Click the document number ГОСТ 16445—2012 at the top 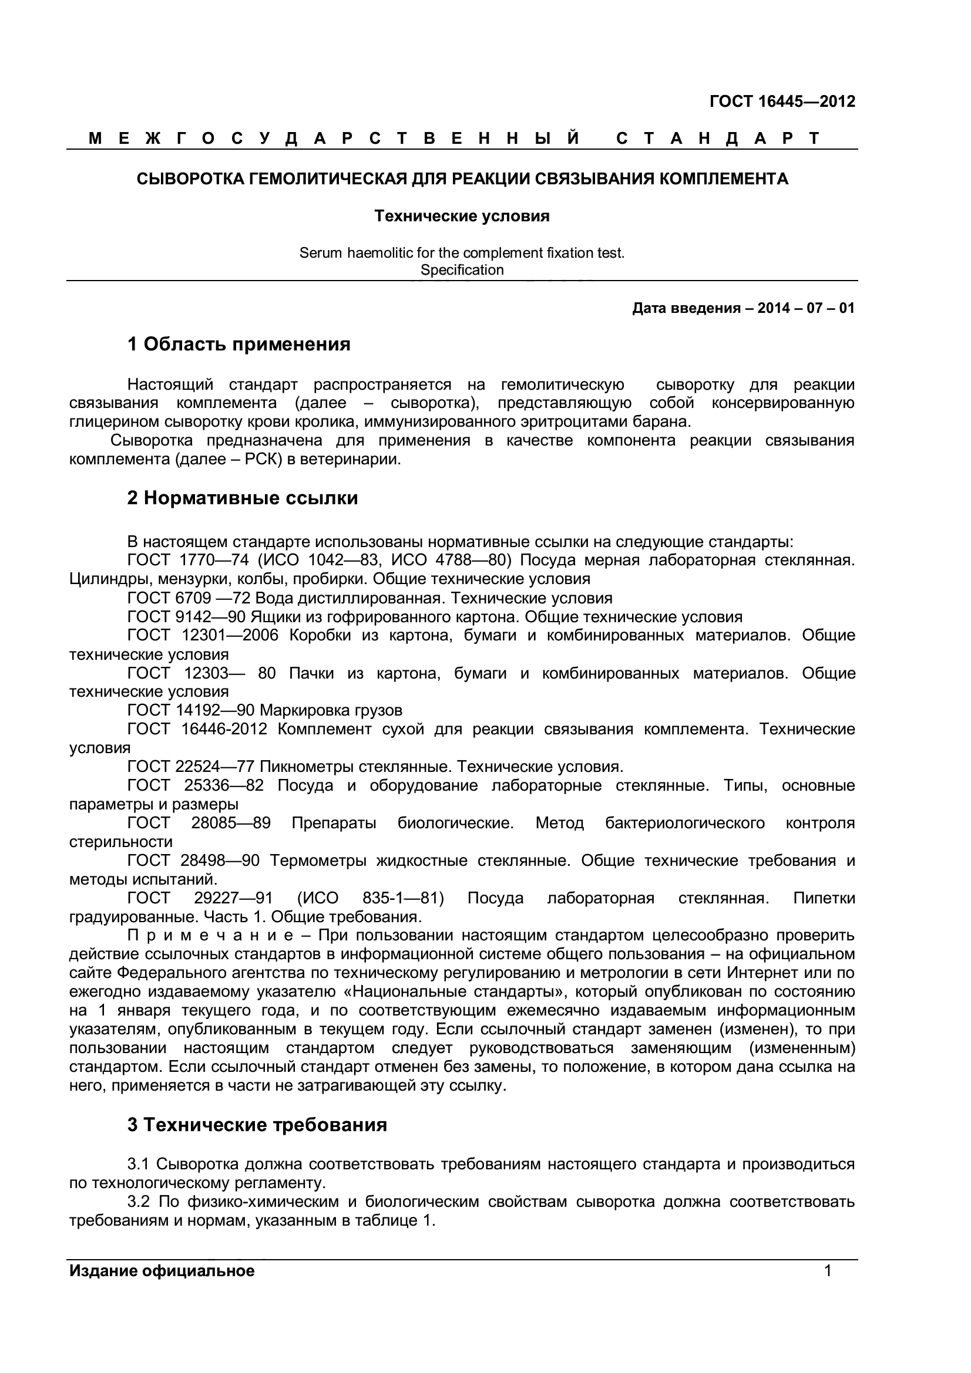[782, 102]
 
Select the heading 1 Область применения [238, 345]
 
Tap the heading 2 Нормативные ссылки [242, 498]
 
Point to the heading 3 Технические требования [257, 1125]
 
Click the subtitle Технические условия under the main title [462, 217]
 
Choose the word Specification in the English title [462, 270]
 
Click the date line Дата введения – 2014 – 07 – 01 [743, 309]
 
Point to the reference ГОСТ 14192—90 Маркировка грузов [264, 710]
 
